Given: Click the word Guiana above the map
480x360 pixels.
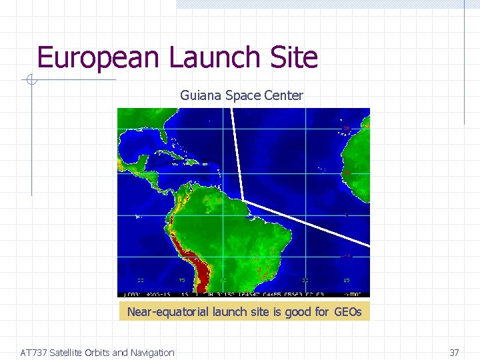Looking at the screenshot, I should [201, 95].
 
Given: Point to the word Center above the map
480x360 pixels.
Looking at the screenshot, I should [284, 95].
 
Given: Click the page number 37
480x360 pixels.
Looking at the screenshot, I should [454, 353].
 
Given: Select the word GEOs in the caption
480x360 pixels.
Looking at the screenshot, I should [347, 311].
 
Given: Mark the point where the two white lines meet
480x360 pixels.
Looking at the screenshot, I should [243, 200].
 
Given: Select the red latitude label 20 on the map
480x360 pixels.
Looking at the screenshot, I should [346, 128].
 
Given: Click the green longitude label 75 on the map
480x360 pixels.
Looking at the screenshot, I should [181, 281].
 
